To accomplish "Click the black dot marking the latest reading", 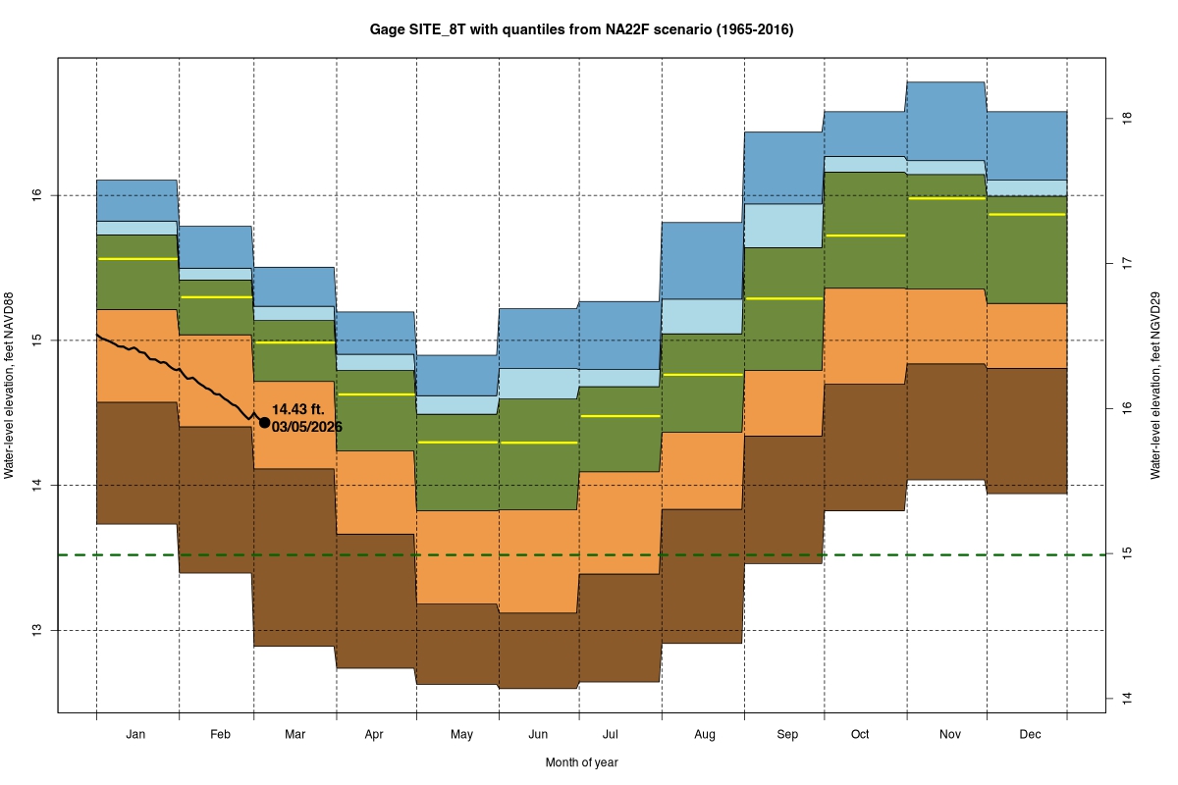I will tap(264, 423).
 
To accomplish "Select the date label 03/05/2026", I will tap(307, 427).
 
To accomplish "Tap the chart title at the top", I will tap(581, 29).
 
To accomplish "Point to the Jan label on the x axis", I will tap(136, 734).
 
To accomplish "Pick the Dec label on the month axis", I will tap(1030, 734).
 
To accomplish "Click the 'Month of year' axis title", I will tap(581, 762).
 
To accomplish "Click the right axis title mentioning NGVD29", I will tap(1156, 385).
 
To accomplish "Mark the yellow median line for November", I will tap(946, 198).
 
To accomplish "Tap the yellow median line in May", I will tap(458, 443).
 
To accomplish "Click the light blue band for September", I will tap(783, 226).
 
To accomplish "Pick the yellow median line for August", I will tap(703, 375).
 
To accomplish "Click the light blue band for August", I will tap(703, 316).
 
